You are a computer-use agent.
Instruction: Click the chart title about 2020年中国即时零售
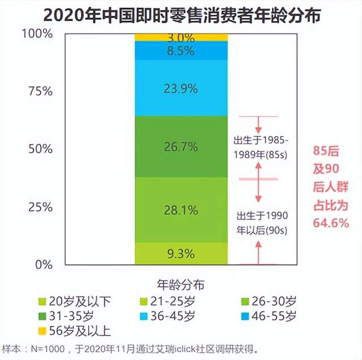click(182, 15)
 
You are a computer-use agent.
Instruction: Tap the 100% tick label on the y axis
click(38, 34)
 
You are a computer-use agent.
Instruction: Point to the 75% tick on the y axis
click(40, 92)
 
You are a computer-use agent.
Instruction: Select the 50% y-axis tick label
click(40, 149)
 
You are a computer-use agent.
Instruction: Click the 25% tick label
click(40, 206)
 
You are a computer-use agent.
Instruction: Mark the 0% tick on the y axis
click(44, 264)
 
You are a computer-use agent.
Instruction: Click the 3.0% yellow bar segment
click(181, 38)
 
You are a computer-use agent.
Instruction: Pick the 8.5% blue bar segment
click(181, 51)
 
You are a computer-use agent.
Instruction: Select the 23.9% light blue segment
click(181, 88)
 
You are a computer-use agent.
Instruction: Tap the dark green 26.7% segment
click(181, 147)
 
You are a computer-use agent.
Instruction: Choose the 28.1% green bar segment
click(181, 210)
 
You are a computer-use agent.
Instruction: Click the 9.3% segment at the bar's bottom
click(181, 253)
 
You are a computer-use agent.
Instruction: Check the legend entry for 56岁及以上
click(74, 330)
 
